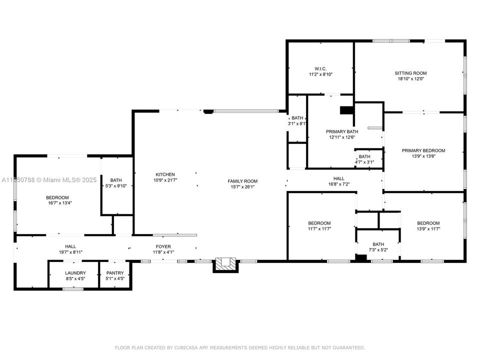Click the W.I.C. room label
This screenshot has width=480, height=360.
click(320, 68)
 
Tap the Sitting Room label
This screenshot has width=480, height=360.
click(410, 73)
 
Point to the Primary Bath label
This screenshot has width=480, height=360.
click(342, 131)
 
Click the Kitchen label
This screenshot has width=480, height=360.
click(165, 174)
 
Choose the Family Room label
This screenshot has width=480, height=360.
click(242, 181)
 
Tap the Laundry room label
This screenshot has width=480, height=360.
click(75, 272)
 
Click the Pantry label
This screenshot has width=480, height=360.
click(114, 272)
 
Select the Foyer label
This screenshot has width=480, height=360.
click(163, 246)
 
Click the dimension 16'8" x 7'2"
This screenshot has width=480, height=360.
click(338, 184)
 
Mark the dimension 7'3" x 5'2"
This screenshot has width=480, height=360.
click(378, 235)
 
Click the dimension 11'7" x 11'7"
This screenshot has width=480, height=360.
click(319, 228)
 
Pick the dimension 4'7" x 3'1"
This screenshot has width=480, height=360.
click(364, 162)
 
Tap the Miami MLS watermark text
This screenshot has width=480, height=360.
click(50, 179)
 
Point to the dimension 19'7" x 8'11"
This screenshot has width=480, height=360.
click(70, 252)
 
